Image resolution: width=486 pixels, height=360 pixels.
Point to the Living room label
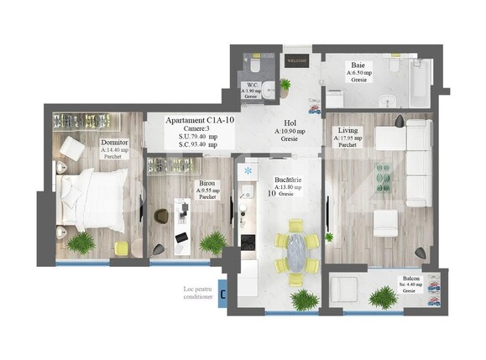point(348,131)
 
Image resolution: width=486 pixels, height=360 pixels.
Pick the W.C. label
point(251,85)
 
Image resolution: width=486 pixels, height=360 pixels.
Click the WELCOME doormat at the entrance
point(297,61)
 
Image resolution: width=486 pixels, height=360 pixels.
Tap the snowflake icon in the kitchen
point(248,172)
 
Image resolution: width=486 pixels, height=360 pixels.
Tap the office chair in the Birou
point(162,217)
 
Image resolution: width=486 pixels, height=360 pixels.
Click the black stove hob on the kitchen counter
point(248,241)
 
